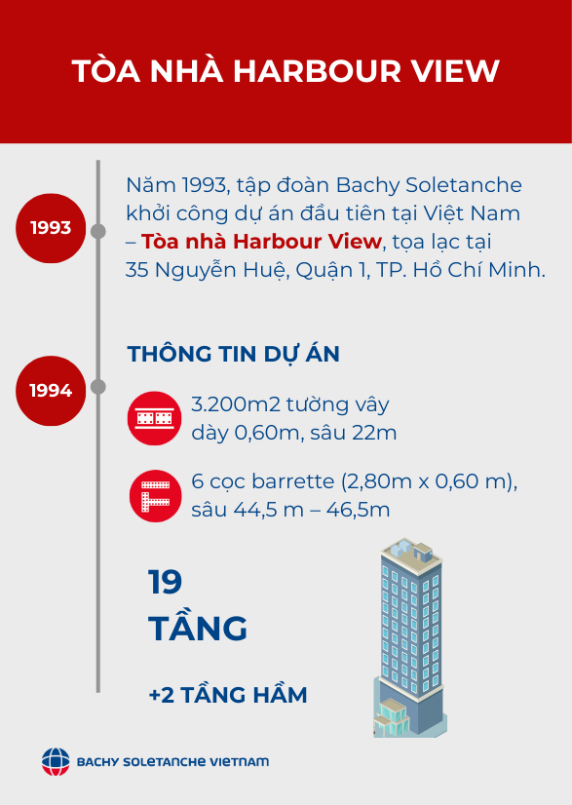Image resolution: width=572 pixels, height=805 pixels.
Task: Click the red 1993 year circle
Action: point(51,228)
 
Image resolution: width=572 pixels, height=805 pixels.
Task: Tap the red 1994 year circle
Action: point(51,391)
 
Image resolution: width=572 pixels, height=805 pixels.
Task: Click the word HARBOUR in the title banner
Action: point(317,71)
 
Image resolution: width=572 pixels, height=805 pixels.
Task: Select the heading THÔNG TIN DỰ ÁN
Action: point(234,354)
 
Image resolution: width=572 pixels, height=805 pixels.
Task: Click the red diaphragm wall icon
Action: point(154,418)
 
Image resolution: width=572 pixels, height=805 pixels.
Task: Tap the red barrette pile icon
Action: point(155,496)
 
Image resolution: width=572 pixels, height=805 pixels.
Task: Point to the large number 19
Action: point(165,582)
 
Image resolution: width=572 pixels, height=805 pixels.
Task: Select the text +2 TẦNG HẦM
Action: point(228,695)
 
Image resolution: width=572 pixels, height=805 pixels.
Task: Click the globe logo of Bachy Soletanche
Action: point(56,761)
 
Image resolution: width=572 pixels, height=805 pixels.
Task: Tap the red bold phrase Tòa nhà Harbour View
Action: point(261,242)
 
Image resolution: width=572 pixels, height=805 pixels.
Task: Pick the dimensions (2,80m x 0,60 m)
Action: point(429,482)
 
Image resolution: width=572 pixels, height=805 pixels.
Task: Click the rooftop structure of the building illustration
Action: point(411,552)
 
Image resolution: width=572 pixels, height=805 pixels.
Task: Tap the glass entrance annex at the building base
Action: point(392,716)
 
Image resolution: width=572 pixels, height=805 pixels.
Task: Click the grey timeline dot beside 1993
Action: point(98,232)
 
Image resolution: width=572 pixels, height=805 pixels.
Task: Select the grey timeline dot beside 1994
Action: point(98,387)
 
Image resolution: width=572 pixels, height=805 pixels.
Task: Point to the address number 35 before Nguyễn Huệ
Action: point(137,270)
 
